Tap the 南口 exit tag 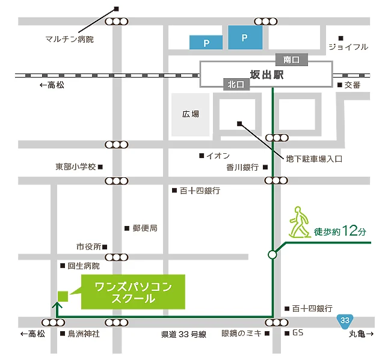pos(291,59)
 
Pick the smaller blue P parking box pos(206,43)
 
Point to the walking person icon pos(298,222)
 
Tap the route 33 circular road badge pos(344,320)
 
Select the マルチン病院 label pos(70,40)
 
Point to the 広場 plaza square pos(191,114)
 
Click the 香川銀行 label pos(242,167)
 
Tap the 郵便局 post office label pos(144,228)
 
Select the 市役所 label pos(88,246)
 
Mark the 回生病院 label pos(83,265)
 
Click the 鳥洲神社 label pos(83,334)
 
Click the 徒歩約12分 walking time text pos(340,231)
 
